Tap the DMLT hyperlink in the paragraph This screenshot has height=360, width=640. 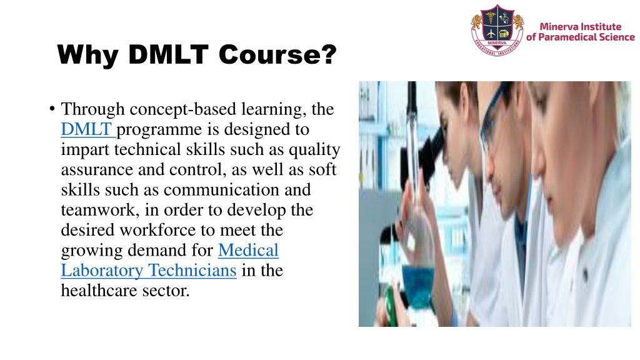[88, 130]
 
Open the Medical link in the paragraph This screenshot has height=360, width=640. [248, 251]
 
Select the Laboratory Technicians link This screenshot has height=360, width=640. [148, 271]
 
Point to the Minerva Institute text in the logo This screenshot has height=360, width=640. [581, 26]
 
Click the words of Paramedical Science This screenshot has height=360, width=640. [581, 37]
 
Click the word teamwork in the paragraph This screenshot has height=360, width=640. [93, 210]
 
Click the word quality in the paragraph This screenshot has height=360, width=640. [316, 150]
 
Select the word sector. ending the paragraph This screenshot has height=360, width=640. [166, 291]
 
